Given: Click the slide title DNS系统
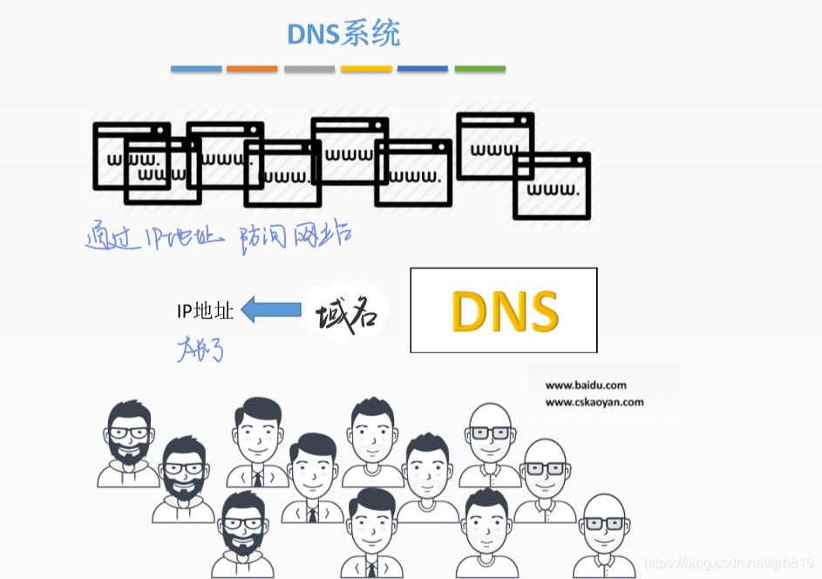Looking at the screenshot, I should coord(343,34).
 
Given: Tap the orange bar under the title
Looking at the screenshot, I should coord(252,68).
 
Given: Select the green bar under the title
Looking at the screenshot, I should coord(479,68).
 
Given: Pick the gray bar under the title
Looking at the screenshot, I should coord(309,68).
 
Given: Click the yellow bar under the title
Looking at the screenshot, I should coord(366,68).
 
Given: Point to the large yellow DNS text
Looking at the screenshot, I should coord(505,310).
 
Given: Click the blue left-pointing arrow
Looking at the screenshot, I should coord(271,310).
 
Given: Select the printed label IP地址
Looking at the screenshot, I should coord(205,310).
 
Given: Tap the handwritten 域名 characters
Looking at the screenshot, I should coord(346,315).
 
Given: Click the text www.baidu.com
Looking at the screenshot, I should coord(586,385).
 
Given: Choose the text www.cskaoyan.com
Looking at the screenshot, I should coord(594,402).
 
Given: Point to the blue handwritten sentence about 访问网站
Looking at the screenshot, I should coord(218,236).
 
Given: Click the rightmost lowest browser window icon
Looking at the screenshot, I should coord(551,186).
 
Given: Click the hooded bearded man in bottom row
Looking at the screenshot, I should coord(241,534).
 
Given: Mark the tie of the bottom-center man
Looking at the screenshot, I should coord(371,569).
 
